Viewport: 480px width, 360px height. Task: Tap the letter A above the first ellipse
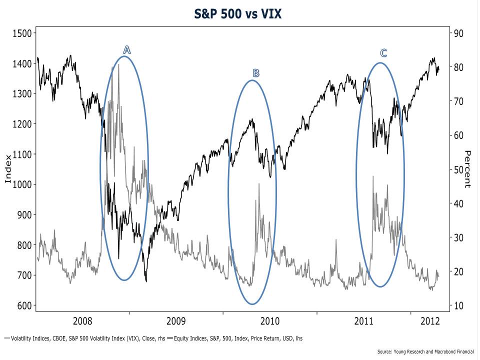coord(127,49)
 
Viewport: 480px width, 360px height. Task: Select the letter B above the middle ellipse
coord(255,73)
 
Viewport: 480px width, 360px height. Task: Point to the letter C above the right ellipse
coord(383,53)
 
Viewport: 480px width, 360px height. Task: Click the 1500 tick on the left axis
coord(21,33)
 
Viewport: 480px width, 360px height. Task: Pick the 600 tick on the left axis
coord(23,305)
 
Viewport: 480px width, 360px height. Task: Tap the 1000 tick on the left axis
coord(21,184)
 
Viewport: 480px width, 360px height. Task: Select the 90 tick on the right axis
coord(459,33)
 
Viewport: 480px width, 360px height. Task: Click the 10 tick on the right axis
coord(459,305)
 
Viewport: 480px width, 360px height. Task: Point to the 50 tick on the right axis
coord(459,169)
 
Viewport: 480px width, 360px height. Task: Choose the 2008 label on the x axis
coord(82,320)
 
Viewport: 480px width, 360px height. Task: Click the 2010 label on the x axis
coord(270,320)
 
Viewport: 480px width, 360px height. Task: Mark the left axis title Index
coord(8,169)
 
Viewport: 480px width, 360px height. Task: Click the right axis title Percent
coord(467,169)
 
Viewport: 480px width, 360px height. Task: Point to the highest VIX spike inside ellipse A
coord(118,65)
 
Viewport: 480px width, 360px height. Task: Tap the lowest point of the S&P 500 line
coord(146,281)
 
